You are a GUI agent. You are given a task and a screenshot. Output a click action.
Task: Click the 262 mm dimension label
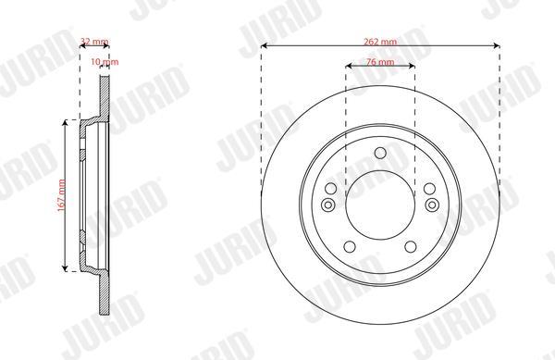coord(380,42)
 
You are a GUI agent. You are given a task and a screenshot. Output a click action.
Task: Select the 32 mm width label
coord(94,42)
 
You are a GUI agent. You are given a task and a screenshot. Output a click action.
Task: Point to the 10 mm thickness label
coord(105,62)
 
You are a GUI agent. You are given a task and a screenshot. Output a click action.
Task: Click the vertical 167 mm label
coord(62,196)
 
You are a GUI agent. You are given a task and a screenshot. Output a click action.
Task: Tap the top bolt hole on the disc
coord(380,154)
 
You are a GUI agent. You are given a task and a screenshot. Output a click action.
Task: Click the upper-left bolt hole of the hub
coord(331,189)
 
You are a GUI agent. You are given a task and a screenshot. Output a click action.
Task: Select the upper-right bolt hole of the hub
coord(430,189)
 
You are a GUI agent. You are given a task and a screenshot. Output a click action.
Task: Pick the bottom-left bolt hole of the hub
coord(350,247)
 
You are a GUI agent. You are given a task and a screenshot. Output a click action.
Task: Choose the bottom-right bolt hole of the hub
coord(411,247)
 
